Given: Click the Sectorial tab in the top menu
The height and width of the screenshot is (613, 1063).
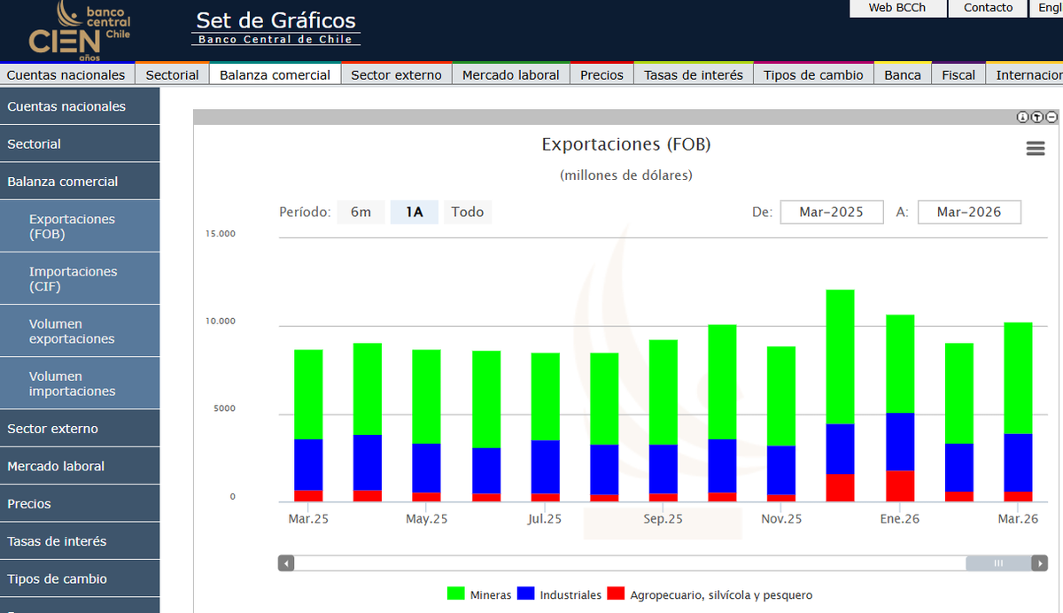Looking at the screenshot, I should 172,75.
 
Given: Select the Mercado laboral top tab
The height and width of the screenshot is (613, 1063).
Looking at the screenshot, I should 510,75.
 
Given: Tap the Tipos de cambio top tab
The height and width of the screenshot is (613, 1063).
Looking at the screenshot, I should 813,75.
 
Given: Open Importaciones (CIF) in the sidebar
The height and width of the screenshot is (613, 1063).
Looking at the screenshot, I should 73,279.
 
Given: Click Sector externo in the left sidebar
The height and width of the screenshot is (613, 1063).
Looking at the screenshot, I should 52,429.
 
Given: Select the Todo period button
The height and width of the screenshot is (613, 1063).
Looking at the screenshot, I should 467,213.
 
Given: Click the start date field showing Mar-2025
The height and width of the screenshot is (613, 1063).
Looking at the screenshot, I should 831,213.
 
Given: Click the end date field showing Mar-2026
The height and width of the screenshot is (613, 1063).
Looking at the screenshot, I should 968,213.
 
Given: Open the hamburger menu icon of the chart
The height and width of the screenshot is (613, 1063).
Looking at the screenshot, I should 1035,149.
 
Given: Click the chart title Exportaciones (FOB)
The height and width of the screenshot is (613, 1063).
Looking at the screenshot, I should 625,144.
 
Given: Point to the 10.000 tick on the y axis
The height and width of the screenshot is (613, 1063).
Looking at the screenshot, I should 221,322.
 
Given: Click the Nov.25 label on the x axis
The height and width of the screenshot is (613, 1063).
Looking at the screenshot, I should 781,519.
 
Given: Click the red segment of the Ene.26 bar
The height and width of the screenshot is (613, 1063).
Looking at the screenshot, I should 900,486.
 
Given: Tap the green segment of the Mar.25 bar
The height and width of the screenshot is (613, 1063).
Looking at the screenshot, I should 308,394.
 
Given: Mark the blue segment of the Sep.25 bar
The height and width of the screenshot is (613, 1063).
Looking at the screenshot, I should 663,469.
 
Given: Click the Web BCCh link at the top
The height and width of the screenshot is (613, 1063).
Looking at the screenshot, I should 896,8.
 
